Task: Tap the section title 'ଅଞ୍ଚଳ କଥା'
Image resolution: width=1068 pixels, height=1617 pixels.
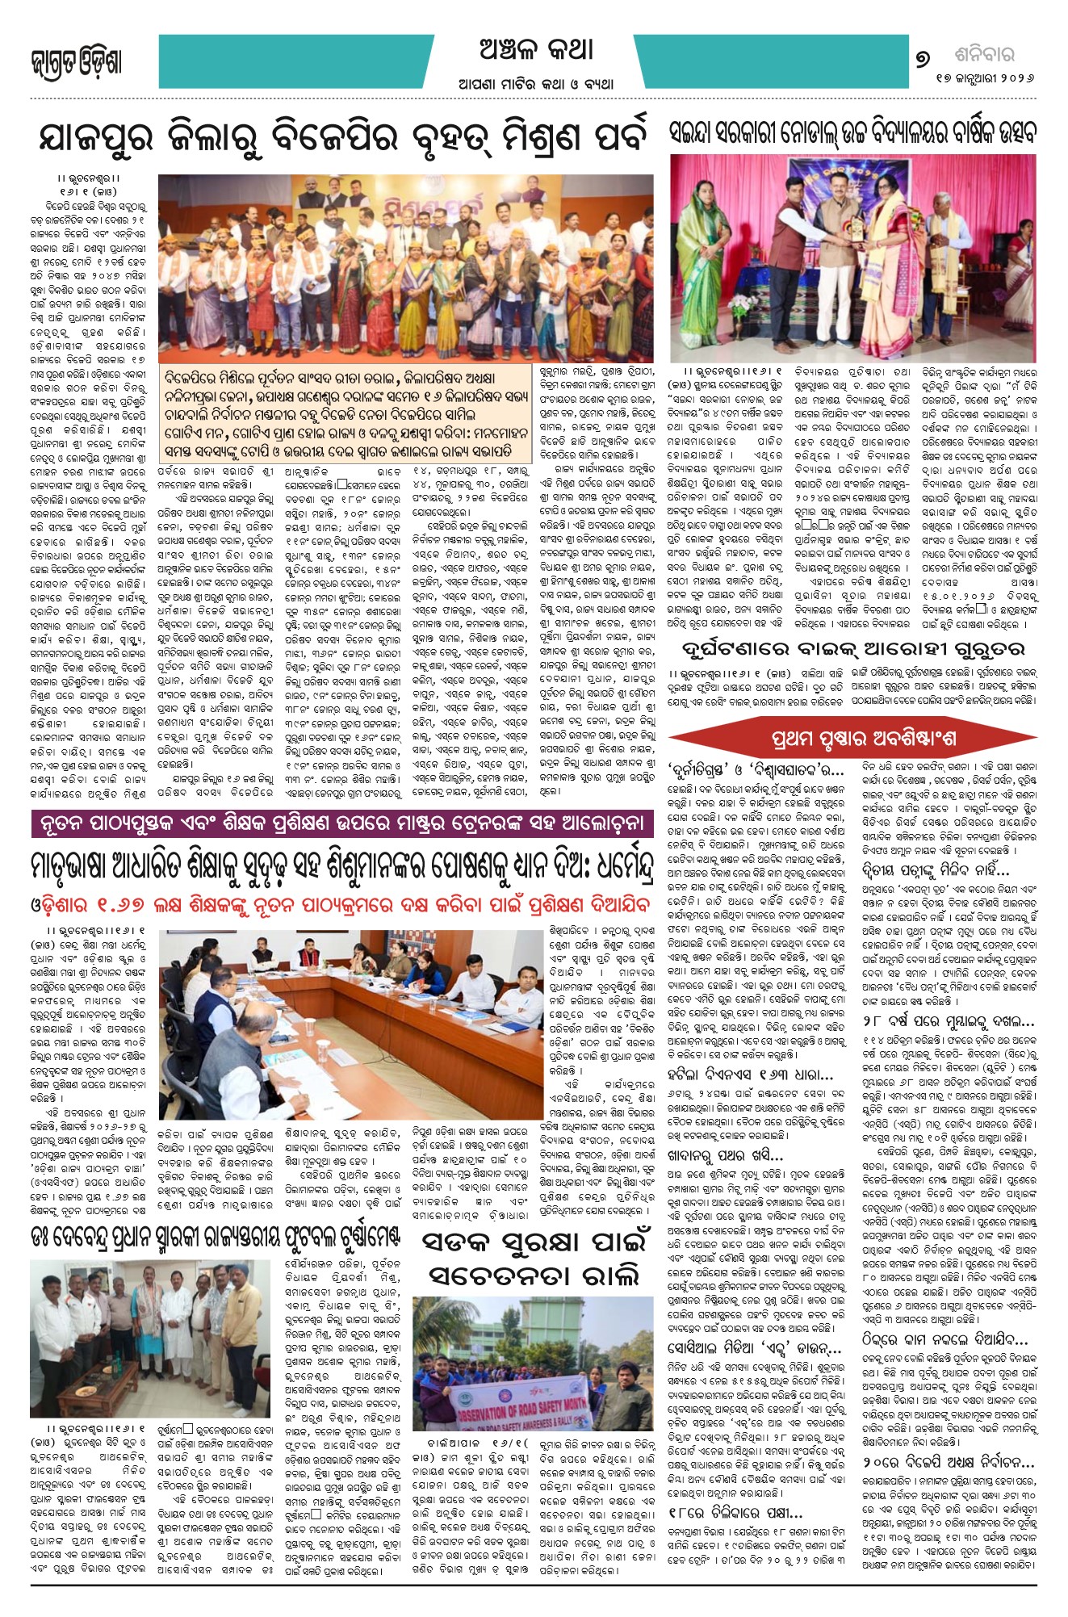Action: click(x=536, y=50)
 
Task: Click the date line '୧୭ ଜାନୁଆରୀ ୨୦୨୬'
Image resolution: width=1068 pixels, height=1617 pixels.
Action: click(x=984, y=79)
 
